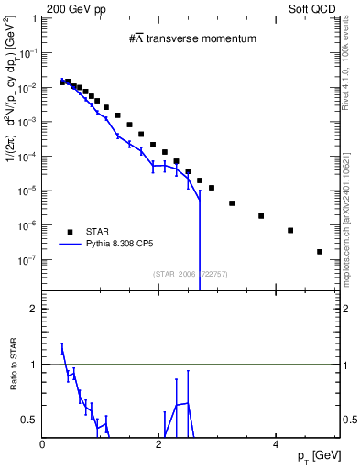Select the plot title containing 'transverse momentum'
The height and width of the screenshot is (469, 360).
click(191, 39)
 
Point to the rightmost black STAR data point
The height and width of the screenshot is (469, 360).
click(320, 251)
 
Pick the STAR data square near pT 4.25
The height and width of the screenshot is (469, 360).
click(290, 230)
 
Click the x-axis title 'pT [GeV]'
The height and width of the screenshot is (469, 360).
click(319, 456)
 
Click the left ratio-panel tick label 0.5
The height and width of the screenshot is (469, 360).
click(30, 420)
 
